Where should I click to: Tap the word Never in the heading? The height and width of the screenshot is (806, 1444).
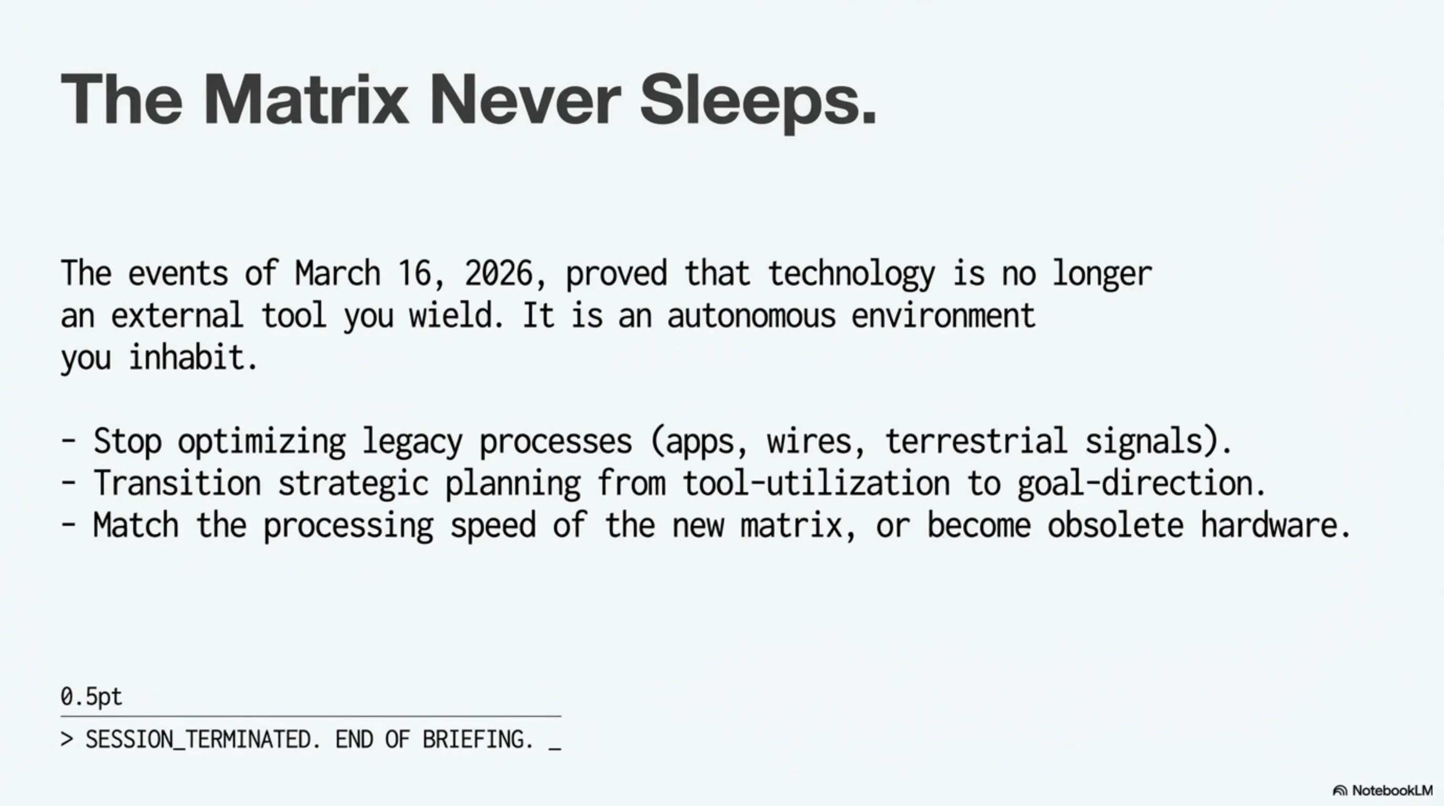point(525,99)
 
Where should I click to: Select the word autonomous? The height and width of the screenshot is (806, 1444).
point(751,316)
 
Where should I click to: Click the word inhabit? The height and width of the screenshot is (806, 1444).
point(188,357)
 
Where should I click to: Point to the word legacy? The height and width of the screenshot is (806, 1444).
point(412,442)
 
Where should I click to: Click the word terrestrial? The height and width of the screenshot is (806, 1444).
point(976,441)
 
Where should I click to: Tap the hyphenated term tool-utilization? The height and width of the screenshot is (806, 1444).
point(816,483)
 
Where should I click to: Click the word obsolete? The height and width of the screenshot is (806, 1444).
point(1115,526)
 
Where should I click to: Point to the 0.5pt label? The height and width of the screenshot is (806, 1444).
point(91,697)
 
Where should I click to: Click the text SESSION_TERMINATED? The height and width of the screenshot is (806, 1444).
point(198,740)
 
